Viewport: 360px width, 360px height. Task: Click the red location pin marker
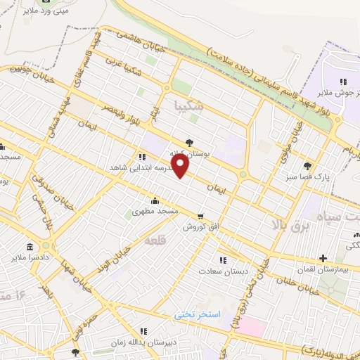click(181, 166)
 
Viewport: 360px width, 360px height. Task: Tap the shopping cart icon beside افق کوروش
click(201, 217)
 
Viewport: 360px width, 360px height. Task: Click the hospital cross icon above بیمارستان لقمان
click(323, 258)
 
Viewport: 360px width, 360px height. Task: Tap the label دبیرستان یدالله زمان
click(141, 341)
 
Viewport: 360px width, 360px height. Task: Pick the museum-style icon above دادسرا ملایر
click(29, 247)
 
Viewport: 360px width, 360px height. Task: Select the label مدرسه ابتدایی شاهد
click(136, 168)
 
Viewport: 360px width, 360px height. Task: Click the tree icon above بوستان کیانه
click(189, 142)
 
